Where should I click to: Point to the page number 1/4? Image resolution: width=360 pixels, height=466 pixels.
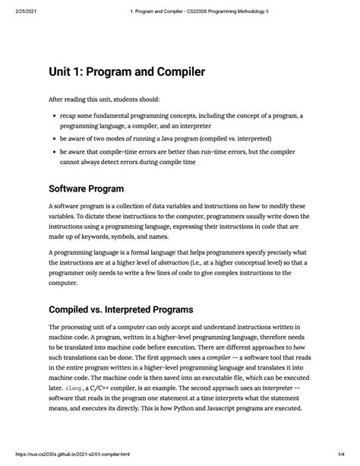click(343, 459)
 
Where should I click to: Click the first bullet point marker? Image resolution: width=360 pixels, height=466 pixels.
click(55, 116)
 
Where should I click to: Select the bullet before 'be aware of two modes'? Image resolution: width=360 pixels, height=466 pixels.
click(55, 140)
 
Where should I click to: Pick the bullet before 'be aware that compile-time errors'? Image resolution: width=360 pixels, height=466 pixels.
click(55, 152)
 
